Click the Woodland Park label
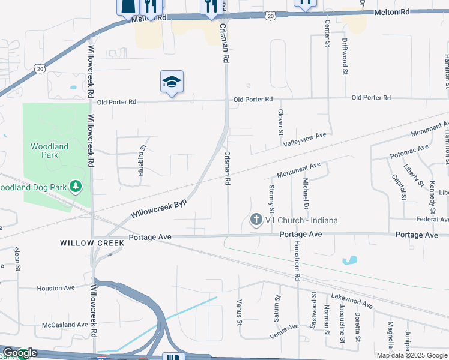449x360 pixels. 49,151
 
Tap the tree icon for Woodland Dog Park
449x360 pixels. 76,187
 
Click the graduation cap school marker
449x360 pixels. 172,82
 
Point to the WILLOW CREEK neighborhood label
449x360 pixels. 92,243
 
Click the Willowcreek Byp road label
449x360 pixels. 158,208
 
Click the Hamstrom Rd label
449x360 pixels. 297,262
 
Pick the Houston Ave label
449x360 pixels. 55,289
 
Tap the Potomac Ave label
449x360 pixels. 409,151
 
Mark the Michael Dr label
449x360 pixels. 306,193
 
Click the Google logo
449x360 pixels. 20,353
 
